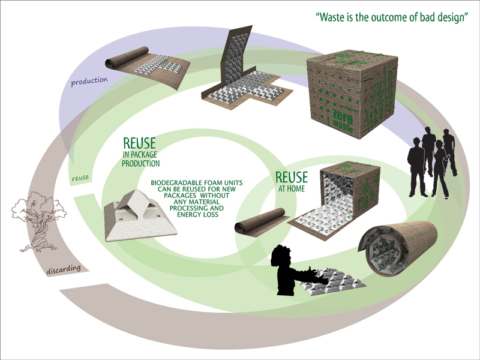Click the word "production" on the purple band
pos(89,80)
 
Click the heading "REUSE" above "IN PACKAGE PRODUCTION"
pos(139,143)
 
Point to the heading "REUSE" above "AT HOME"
pos(291,177)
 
